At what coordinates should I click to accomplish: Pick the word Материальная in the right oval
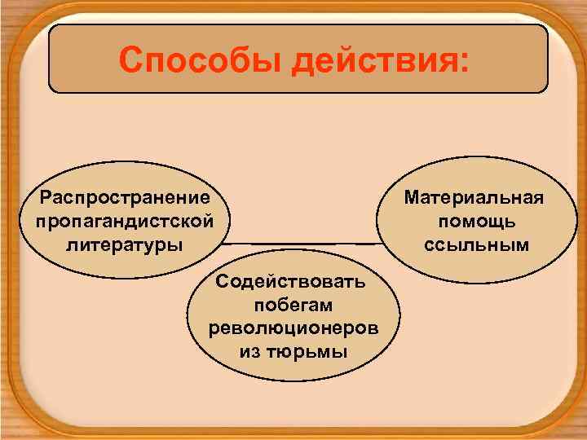point(477,198)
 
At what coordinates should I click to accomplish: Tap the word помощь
point(477,221)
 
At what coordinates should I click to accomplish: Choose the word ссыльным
point(477,244)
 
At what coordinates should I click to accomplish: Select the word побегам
point(293,306)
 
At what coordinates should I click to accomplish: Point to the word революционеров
point(293,328)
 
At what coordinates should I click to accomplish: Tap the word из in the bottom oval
point(249,352)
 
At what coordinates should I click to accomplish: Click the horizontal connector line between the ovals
point(302,243)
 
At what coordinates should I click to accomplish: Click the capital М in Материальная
point(411,198)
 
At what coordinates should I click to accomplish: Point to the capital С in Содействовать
point(223,283)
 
